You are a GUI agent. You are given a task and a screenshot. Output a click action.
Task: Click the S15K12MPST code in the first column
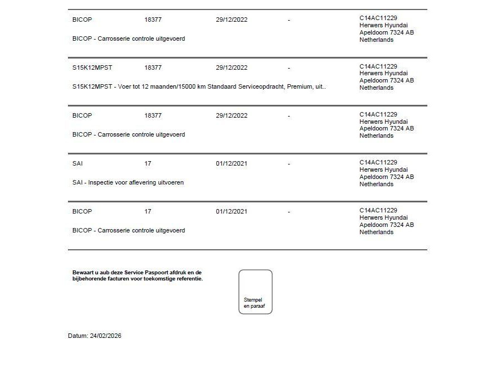coord(92,67)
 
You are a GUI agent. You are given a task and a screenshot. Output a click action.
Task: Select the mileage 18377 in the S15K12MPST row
coord(153,67)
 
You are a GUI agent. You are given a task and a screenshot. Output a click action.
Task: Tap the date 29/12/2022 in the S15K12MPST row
coord(231,67)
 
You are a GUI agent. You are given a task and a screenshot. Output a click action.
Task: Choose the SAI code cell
coord(77,163)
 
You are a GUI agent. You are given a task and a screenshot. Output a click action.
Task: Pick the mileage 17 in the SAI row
coord(148,163)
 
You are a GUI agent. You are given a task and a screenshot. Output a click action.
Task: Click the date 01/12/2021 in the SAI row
coord(231,163)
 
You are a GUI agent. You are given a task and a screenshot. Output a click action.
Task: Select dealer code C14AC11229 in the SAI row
coord(378,162)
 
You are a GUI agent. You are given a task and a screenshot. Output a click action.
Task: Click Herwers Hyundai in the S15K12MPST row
coord(383,74)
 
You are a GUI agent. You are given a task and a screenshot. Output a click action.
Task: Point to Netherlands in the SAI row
coord(376,184)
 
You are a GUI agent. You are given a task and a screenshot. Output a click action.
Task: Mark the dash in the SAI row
coord(289,164)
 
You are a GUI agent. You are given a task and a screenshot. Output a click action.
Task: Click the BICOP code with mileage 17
coord(82,211)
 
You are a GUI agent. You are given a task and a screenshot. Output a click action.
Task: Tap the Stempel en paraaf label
coord(253,303)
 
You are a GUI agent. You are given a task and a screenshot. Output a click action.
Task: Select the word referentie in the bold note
coord(188,279)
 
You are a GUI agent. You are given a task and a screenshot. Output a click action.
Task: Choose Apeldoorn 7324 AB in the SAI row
coord(387,177)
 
